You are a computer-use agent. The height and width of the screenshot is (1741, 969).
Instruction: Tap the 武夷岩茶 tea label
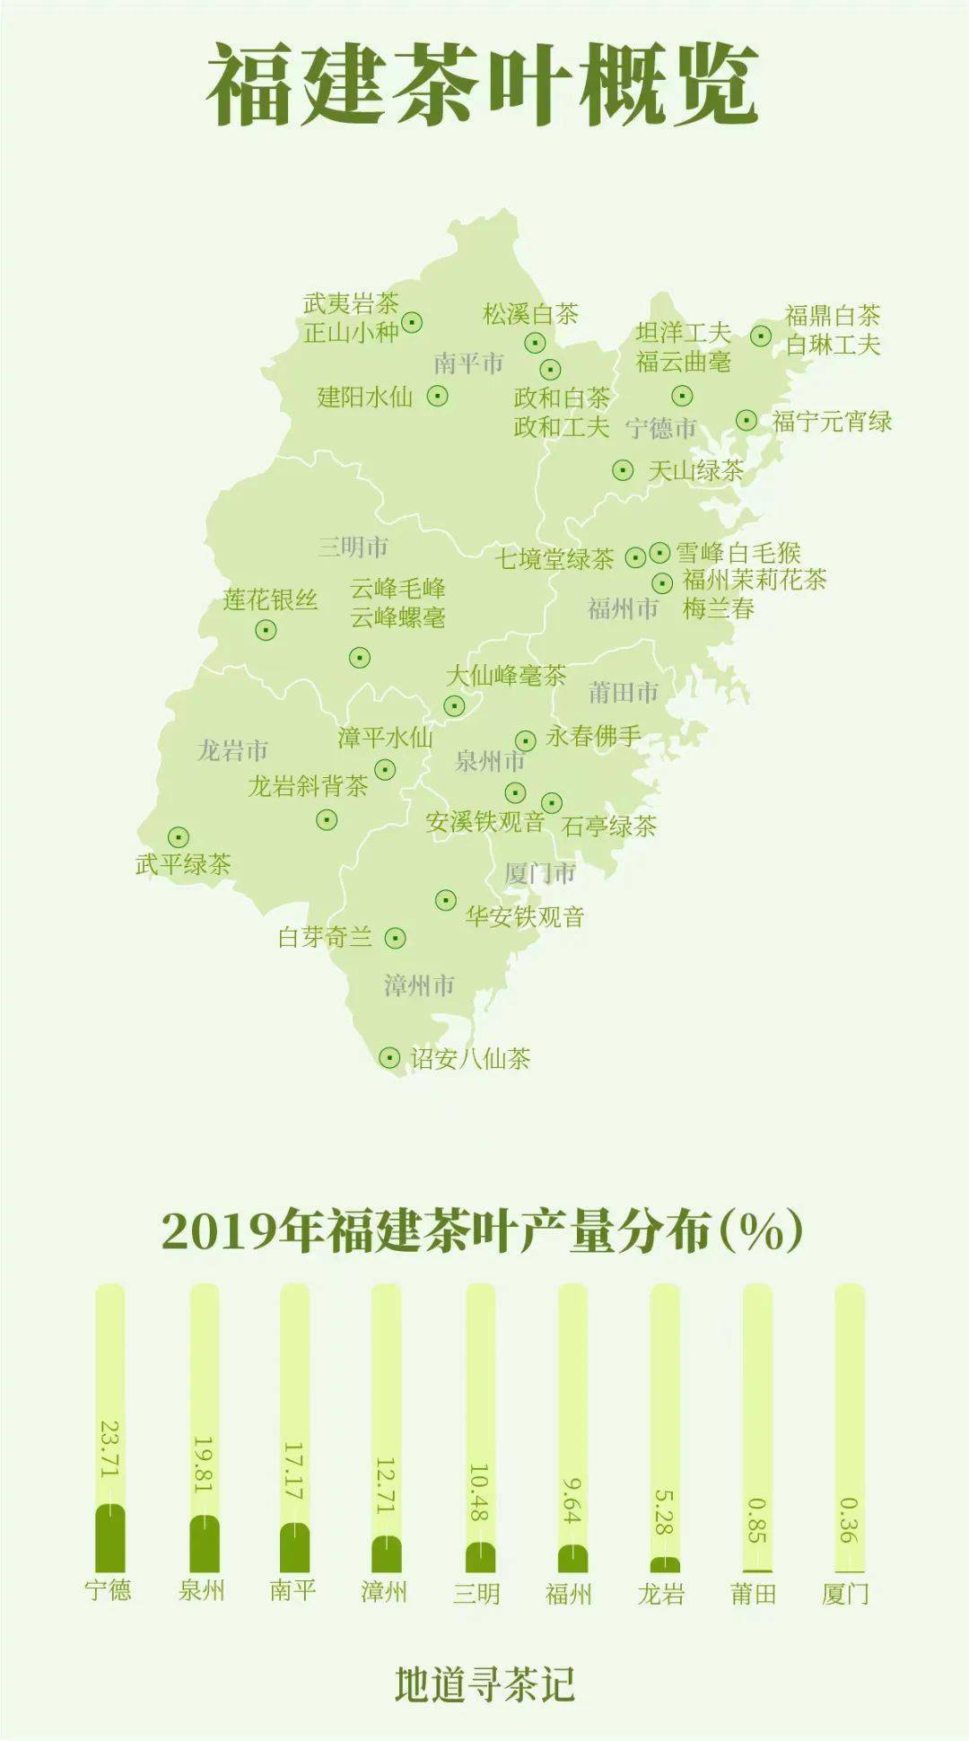[x=351, y=303]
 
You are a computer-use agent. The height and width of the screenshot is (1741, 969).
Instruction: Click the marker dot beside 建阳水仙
[x=437, y=395]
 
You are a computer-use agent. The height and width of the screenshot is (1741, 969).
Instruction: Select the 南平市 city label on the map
[x=468, y=363]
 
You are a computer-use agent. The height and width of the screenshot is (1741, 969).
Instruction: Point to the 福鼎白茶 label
[x=833, y=315]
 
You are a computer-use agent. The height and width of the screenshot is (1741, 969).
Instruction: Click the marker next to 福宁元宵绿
[x=746, y=419]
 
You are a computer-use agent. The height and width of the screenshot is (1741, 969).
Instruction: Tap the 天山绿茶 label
[x=696, y=470]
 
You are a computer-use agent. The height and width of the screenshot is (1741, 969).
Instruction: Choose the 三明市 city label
[x=353, y=547]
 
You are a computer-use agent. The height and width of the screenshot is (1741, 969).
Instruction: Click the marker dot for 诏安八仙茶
[x=388, y=1058]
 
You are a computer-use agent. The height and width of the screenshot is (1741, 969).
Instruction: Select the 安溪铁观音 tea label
[x=485, y=821]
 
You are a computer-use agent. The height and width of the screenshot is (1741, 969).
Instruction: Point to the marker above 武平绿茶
[x=179, y=837]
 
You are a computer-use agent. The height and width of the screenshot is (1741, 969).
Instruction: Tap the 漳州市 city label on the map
[x=419, y=985]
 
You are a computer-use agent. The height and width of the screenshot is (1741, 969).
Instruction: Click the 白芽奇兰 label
[x=325, y=938]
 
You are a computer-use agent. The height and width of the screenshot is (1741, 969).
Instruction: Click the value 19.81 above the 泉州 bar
[x=204, y=1465]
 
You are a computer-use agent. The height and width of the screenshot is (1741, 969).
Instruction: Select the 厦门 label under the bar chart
[x=845, y=1594]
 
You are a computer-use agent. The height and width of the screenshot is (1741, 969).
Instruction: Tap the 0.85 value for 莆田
[x=757, y=1520]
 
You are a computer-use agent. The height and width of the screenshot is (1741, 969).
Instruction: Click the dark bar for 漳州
[x=387, y=1553]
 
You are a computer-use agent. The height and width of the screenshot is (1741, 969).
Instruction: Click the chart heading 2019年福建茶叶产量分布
[x=483, y=1231]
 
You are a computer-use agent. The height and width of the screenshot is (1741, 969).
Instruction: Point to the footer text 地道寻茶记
[x=484, y=1684]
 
